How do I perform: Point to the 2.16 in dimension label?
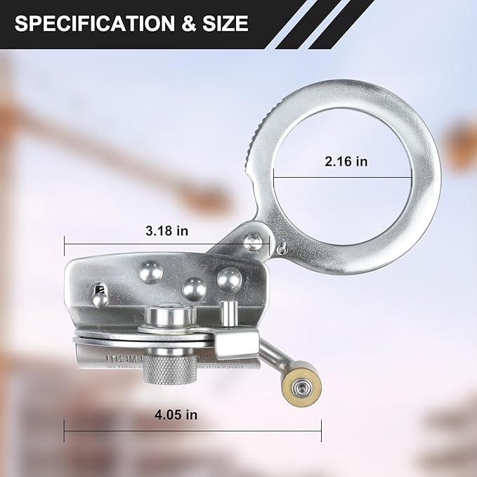(346, 162)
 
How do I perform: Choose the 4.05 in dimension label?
(175, 414)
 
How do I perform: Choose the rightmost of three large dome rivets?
(228, 280)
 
